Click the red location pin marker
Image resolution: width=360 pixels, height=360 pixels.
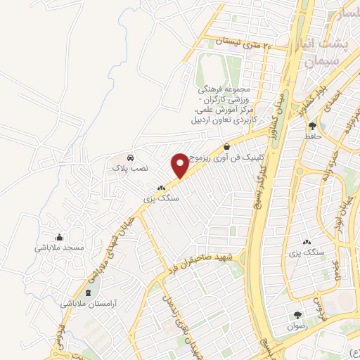click(179, 165)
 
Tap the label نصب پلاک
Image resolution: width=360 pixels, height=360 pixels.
click(129, 169)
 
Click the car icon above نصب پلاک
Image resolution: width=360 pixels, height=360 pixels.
click(130, 157)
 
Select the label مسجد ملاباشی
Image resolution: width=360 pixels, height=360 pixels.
click(60, 247)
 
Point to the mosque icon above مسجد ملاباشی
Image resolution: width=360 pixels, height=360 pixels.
click(60, 236)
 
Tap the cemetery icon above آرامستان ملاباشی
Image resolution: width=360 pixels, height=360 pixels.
click(88, 292)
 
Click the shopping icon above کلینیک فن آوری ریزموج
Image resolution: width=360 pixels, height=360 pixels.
click(226, 146)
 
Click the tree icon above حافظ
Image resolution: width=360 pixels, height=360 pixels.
click(311, 126)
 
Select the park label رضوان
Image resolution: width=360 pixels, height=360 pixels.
click(298, 326)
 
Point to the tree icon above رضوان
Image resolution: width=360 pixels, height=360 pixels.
click(298, 315)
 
